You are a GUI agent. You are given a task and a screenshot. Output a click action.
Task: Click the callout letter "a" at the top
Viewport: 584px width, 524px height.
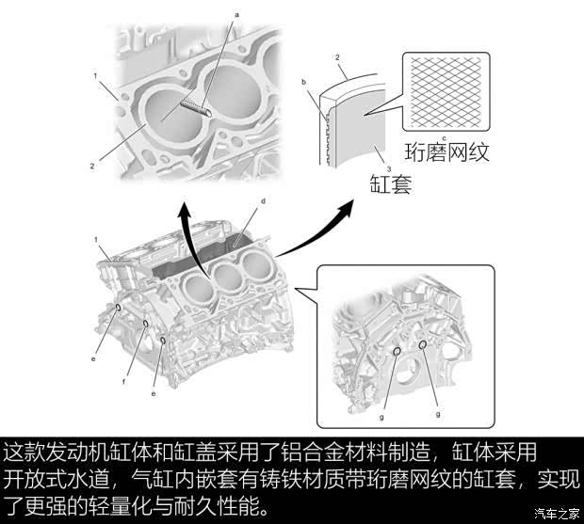pos(236,15)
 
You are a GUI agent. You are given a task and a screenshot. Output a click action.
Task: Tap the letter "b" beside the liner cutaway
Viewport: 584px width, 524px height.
pos(304,82)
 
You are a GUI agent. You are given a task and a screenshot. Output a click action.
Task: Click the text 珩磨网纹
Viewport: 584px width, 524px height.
pos(446,152)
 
